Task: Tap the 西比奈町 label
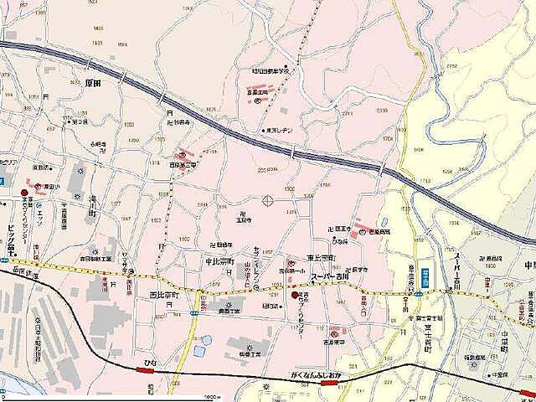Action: coord(165,295)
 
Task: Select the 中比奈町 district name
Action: coord(223,261)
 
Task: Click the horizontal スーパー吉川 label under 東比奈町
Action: coord(333,276)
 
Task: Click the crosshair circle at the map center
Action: coord(269,200)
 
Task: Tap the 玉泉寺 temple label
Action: coord(245,223)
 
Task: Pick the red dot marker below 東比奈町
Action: coord(294,295)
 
